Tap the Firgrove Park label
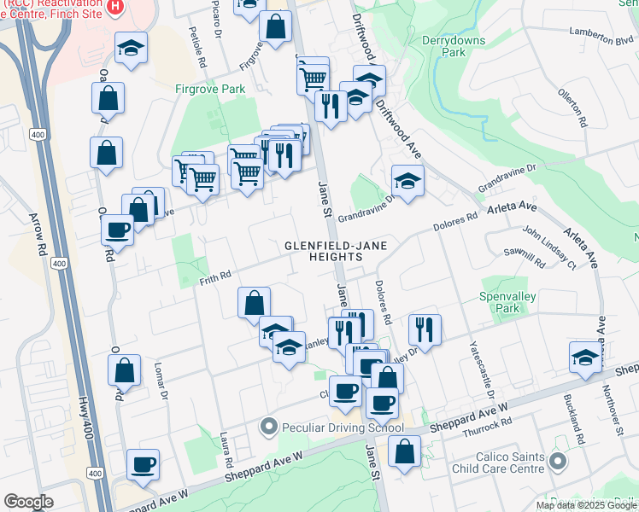[x=209, y=89]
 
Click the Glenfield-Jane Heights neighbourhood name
[x=336, y=252]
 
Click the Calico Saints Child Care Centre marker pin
[x=558, y=462]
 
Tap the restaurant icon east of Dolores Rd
[x=425, y=329]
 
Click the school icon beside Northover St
[x=585, y=357]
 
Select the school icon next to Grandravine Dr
[x=408, y=180]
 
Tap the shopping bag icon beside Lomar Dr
[x=125, y=370]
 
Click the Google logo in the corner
[x=29, y=502]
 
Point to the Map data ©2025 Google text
[x=586, y=505]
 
